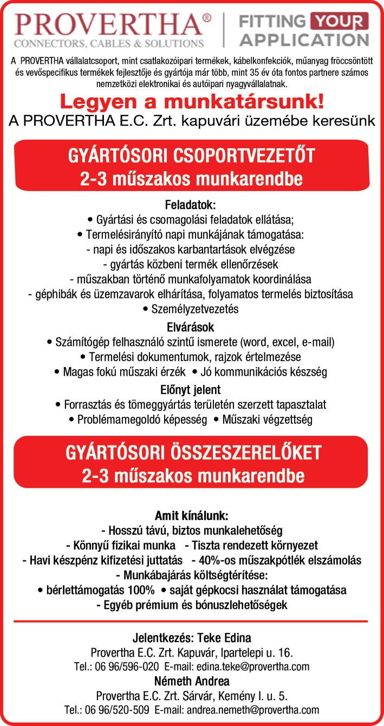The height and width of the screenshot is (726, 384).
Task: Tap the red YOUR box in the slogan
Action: tap(339, 21)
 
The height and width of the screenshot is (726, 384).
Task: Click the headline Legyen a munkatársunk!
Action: tap(192, 101)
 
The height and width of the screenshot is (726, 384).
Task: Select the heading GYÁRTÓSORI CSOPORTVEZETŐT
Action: tap(192, 156)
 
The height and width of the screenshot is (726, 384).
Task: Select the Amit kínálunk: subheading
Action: tap(192, 515)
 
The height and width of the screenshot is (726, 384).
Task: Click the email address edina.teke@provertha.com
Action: tap(255, 666)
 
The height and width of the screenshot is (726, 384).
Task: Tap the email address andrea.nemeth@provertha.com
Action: tap(252, 710)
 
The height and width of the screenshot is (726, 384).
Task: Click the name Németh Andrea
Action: tap(192, 681)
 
